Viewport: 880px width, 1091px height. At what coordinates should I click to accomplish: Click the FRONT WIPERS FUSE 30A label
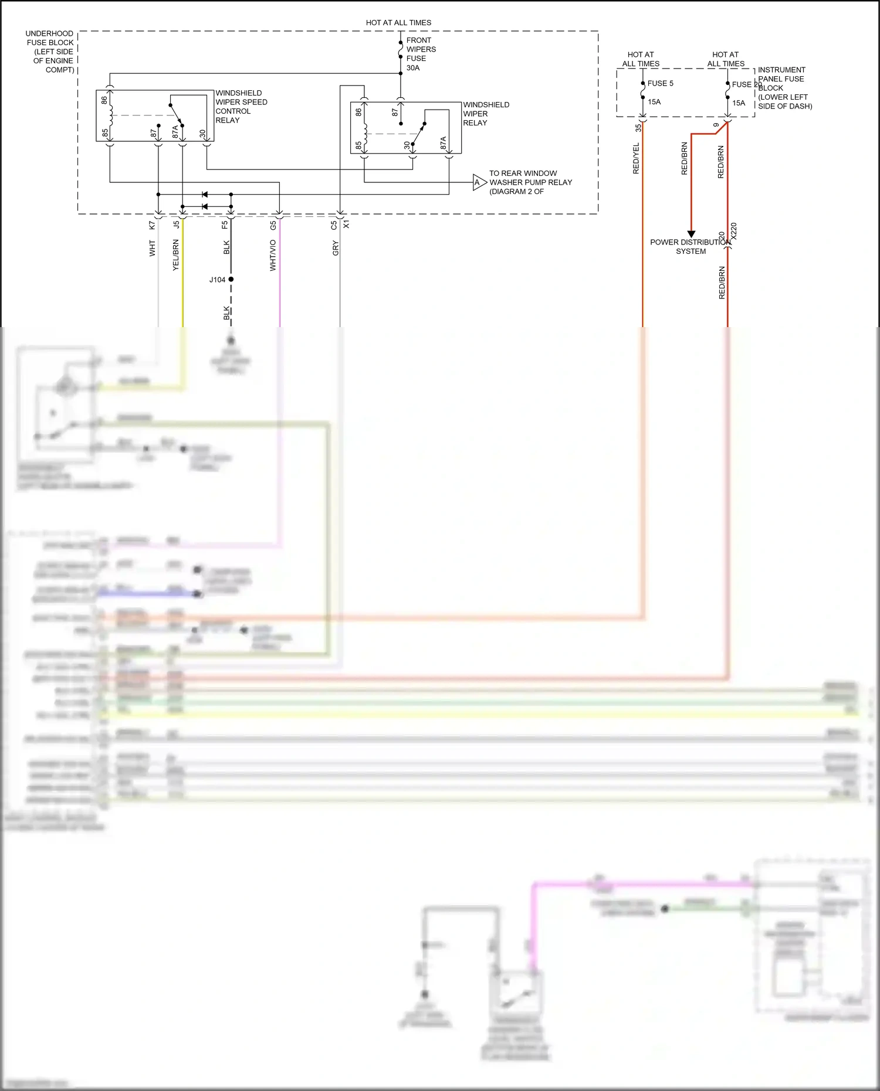pyautogui.click(x=421, y=54)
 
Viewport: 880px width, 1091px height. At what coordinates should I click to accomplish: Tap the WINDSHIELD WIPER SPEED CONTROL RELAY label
pyautogui.click(x=241, y=107)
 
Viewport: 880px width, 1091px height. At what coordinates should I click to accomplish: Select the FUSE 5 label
pyautogui.click(x=660, y=84)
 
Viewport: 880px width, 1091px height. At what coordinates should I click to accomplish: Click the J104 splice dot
pyautogui.click(x=231, y=280)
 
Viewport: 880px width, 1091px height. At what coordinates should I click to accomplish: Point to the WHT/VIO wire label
pyautogui.click(x=273, y=256)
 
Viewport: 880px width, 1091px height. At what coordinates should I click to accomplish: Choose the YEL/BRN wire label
pyautogui.click(x=175, y=256)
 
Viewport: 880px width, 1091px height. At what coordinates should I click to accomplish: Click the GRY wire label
pyautogui.click(x=336, y=249)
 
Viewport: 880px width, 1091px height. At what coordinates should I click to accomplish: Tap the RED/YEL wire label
pyautogui.click(x=636, y=158)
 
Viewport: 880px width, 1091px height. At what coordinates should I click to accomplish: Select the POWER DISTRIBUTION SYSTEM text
pyautogui.click(x=691, y=247)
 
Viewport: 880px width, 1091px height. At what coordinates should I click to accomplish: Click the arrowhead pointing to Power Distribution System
pyautogui.click(x=691, y=234)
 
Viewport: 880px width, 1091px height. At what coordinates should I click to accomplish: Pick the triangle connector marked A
pyautogui.click(x=479, y=183)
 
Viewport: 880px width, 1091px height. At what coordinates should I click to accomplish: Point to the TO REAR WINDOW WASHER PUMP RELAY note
pyautogui.click(x=530, y=182)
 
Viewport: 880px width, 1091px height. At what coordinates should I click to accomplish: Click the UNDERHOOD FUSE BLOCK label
pyautogui.click(x=50, y=52)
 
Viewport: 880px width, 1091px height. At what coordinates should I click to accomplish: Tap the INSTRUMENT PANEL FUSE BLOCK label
pyautogui.click(x=784, y=88)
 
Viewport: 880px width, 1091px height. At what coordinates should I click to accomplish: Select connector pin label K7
pyautogui.click(x=152, y=225)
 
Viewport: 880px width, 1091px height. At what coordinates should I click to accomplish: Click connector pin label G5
pyautogui.click(x=273, y=225)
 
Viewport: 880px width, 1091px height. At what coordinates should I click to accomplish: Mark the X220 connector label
pyautogui.click(x=733, y=231)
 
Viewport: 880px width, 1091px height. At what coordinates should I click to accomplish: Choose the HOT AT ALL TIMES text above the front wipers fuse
pyautogui.click(x=398, y=23)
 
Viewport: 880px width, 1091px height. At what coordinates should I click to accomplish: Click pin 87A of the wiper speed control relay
pyautogui.click(x=175, y=132)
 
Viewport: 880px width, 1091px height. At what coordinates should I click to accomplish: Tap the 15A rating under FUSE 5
pyautogui.click(x=654, y=102)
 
